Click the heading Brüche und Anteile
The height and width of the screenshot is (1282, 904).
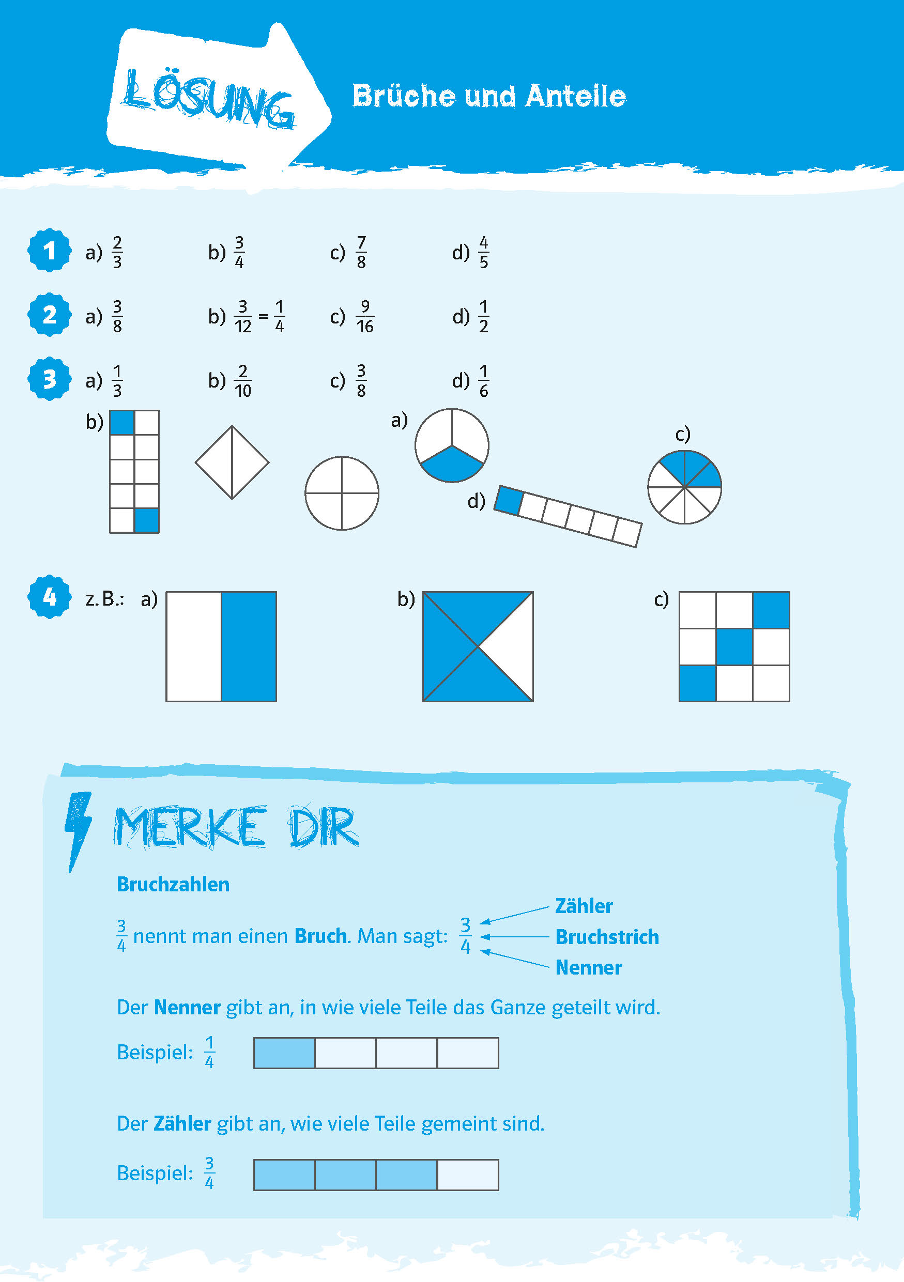click(489, 96)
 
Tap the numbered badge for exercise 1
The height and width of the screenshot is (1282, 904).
click(50, 250)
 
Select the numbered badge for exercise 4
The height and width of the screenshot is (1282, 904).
click(50, 597)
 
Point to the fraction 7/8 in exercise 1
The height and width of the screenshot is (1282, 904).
click(361, 252)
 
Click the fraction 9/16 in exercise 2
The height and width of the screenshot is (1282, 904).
click(364, 316)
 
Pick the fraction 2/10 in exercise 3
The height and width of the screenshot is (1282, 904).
click(243, 381)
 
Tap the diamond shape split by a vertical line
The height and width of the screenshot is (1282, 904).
click(232, 462)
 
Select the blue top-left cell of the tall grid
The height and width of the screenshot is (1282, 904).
click(122, 423)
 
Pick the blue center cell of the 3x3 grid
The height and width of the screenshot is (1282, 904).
click(734, 646)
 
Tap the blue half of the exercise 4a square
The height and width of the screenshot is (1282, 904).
click(249, 646)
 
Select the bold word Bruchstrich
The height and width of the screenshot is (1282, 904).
click(607, 936)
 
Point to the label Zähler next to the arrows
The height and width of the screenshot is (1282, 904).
click(584, 906)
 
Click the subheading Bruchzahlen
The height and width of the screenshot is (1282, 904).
click(173, 884)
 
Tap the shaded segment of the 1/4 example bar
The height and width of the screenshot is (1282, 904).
click(285, 1053)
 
